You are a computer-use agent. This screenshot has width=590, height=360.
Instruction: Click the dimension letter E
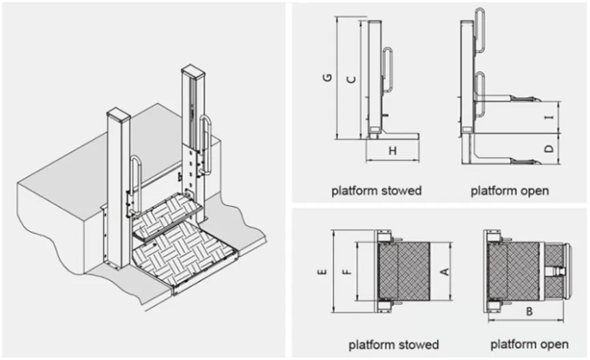[323, 271]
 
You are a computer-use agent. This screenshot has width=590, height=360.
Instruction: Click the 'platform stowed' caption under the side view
[376, 190]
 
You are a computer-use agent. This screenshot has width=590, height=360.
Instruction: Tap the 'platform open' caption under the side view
[509, 190]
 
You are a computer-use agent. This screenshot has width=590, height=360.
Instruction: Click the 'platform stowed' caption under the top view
[393, 344]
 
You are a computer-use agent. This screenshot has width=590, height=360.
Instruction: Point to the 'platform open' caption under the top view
[529, 344]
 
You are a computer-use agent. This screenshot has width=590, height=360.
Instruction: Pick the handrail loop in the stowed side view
[388, 68]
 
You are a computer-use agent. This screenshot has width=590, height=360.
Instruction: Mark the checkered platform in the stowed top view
[404, 271]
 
